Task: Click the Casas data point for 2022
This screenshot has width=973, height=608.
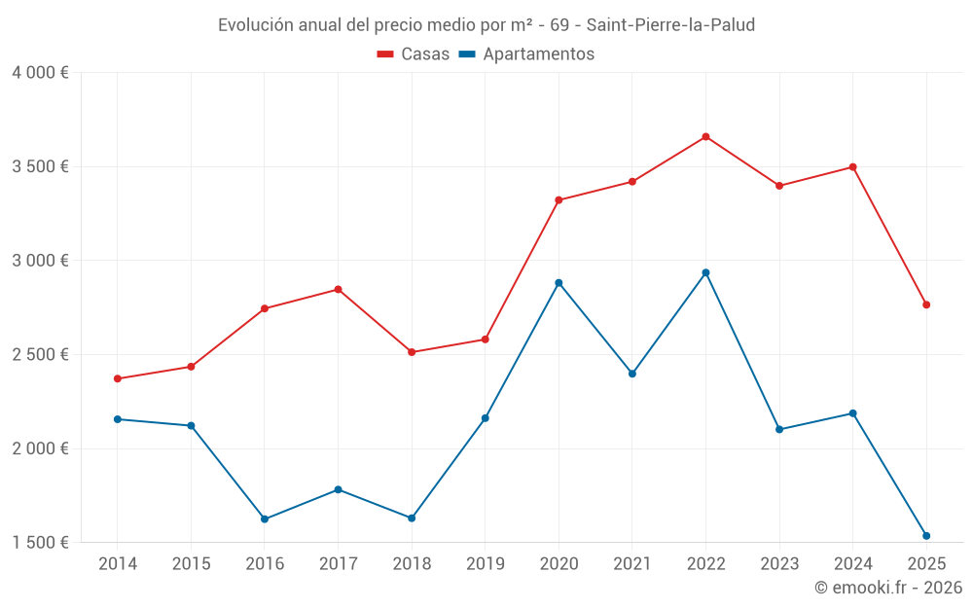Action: point(705,137)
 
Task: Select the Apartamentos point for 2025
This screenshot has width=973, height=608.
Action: point(926,536)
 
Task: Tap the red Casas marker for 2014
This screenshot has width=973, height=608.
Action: point(118,378)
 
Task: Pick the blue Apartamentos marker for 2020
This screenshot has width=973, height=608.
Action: point(559,283)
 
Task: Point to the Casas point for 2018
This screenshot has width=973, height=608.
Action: point(412,352)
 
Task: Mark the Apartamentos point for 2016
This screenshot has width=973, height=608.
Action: point(265,519)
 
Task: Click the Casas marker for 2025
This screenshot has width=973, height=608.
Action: point(926,304)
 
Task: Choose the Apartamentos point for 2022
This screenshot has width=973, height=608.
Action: point(705,272)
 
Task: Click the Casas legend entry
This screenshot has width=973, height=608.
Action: point(413,54)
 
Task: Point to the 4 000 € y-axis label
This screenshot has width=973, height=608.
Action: point(40,73)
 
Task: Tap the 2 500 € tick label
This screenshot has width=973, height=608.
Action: point(40,355)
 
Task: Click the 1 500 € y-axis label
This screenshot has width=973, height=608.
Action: point(40,543)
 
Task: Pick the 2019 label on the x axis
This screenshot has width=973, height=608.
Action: point(485,563)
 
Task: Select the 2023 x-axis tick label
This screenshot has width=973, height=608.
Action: point(779,563)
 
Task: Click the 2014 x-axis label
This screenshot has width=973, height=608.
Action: point(118,563)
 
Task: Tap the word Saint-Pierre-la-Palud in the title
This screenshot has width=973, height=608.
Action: point(670,25)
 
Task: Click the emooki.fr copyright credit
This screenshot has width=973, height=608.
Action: point(887,588)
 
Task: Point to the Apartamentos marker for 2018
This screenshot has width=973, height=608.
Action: point(412,519)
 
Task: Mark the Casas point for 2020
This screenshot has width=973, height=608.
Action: point(559,200)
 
